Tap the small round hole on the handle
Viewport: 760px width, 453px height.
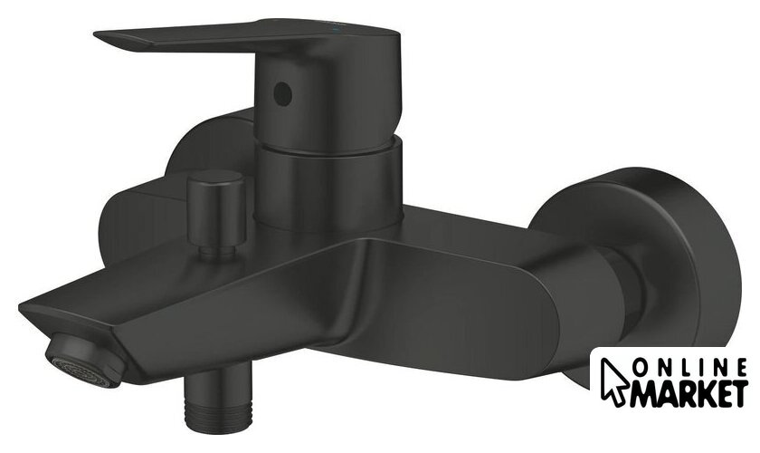point(282,93)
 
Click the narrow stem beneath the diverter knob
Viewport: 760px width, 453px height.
point(218,252)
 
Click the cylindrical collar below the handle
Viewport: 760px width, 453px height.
point(328,184)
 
